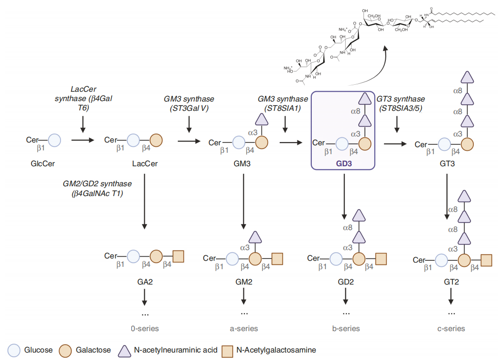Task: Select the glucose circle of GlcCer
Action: point(55,140)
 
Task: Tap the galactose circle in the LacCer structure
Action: point(156,140)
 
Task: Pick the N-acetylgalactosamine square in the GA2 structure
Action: point(178,256)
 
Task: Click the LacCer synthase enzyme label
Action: point(83,98)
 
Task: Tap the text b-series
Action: point(346,328)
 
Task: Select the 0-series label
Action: point(145,328)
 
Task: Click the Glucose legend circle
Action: point(15,350)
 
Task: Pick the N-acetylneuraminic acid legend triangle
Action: point(123,349)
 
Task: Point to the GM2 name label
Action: point(243,282)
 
